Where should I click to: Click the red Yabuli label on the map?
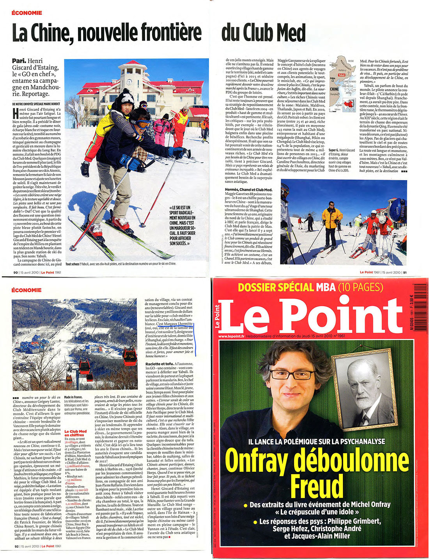[342, 75]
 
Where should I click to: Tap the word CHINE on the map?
[334, 89]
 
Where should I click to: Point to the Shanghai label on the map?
[333, 94]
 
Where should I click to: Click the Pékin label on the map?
[333, 78]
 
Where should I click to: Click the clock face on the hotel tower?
[129, 82]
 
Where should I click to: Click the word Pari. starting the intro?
[19, 61]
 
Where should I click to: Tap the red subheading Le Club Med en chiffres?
[75, 433]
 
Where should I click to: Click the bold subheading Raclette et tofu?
[160, 364]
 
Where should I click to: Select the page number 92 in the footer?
[16, 546]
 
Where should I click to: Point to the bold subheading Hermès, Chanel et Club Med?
[248, 190]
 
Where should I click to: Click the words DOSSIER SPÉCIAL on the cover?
[275, 288]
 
